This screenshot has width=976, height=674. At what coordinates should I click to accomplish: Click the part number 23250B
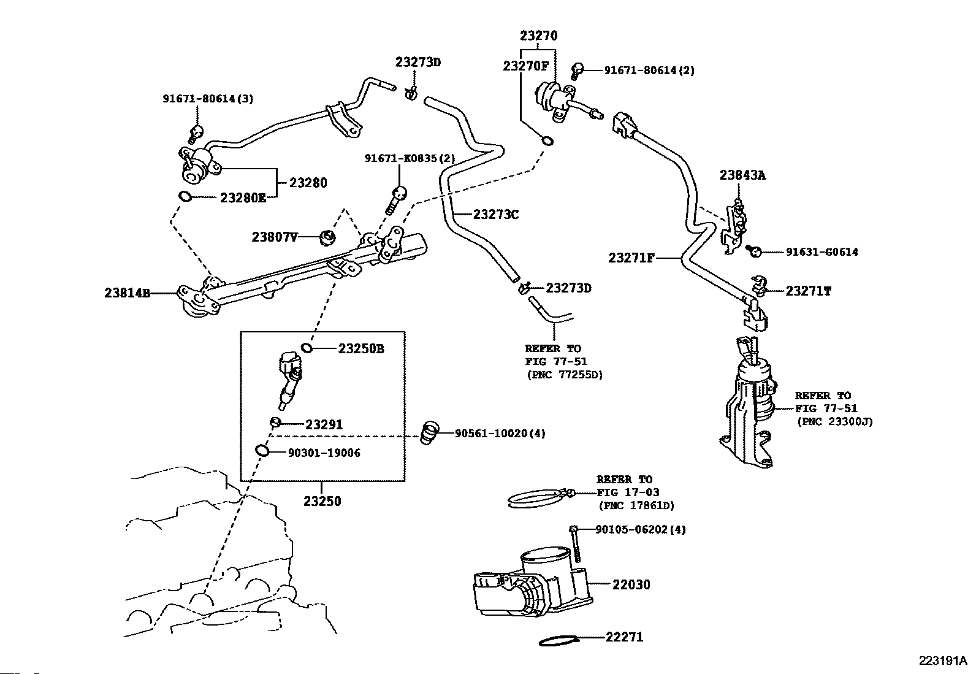pyautogui.click(x=361, y=349)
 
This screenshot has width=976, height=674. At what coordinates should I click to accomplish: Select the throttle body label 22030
pyautogui.click(x=631, y=584)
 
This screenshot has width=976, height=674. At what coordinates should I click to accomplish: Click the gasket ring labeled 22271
pyautogui.click(x=560, y=641)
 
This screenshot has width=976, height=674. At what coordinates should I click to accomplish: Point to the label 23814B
pyautogui.click(x=128, y=293)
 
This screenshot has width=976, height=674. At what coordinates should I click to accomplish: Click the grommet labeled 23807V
pyautogui.click(x=327, y=238)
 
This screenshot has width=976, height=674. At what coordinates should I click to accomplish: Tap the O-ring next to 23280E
pyautogui.click(x=185, y=197)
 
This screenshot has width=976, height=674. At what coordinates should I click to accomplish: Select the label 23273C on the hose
pyautogui.click(x=496, y=215)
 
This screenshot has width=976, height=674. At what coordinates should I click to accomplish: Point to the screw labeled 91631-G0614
pyautogui.click(x=754, y=251)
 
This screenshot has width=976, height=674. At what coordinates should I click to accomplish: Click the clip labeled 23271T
pyautogui.click(x=758, y=286)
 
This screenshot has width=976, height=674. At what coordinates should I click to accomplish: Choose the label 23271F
pyautogui.click(x=631, y=258)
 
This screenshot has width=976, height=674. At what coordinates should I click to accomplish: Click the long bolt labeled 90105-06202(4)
pyautogui.click(x=574, y=543)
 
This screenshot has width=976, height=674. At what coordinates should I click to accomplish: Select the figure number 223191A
pyautogui.click(x=943, y=661)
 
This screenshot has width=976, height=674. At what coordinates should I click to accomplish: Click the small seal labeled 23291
pyautogui.click(x=275, y=422)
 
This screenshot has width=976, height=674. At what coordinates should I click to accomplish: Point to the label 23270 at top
pyautogui.click(x=538, y=36)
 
